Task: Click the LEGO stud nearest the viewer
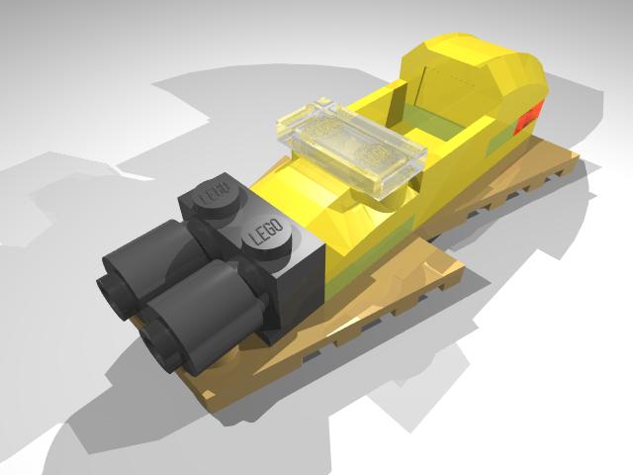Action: click(266, 234)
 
